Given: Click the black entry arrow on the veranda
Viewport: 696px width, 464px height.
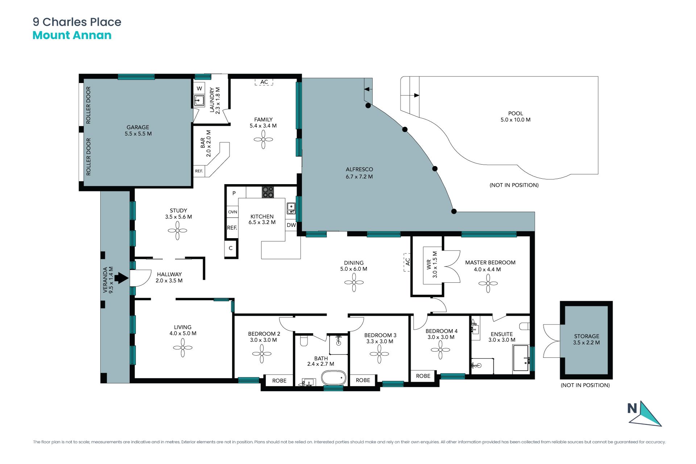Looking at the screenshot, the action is [x=121, y=278].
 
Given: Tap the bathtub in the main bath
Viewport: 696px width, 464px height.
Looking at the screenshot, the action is [x=334, y=378].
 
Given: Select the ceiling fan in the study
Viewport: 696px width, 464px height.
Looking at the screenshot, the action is [x=178, y=231].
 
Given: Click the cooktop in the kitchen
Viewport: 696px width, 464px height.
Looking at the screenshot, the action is [x=268, y=192].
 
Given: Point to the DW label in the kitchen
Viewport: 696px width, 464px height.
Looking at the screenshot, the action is [x=291, y=225].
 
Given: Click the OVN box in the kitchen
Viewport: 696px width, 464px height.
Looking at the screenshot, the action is [x=233, y=212].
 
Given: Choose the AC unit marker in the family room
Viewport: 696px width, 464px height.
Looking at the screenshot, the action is [x=264, y=82].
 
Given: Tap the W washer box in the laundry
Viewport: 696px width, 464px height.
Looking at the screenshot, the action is [x=199, y=88].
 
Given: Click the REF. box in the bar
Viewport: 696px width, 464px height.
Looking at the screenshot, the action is [x=199, y=171].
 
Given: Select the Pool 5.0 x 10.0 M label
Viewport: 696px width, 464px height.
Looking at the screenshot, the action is [x=515, y=116].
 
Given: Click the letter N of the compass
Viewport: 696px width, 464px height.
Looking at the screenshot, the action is [x=632, y=409].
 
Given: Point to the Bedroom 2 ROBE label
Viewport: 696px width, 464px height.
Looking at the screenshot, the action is [x=279, y=381].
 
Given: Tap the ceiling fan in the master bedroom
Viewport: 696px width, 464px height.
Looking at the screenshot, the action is [x=488, y=283].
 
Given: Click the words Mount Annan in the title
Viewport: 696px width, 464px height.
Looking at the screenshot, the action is [x=72, y=35].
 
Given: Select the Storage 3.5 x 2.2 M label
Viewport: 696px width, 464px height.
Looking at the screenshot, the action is [x=587, y=339].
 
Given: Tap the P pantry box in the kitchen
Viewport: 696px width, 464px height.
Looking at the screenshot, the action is [x=234, y=194].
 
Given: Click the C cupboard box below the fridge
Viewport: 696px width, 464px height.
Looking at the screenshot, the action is [x=231, y=248].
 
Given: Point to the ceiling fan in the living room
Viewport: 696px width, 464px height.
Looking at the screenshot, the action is [x=183, y=348].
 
